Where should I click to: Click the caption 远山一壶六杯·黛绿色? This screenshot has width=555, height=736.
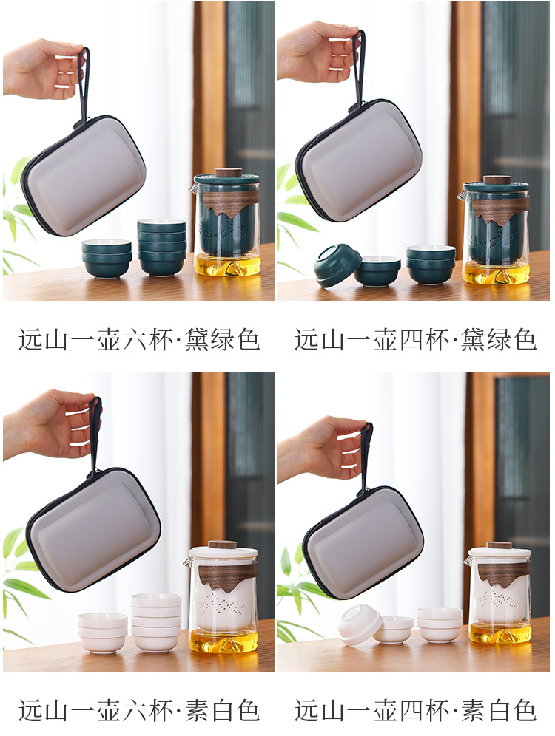point(139,340)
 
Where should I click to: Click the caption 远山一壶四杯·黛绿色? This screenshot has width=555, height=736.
point(415,340)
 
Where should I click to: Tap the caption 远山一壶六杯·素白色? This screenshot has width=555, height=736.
point(139,711)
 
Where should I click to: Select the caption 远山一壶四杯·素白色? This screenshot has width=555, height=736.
point(415,711)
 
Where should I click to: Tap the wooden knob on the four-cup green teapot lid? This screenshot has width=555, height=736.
point(497,180)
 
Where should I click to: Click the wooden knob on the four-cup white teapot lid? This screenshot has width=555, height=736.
point(499,545)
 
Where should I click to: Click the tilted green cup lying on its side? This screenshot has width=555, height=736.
point(337,265)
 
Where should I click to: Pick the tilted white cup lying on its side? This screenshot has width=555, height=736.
point(360,625)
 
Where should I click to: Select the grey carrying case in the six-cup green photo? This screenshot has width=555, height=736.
point(84,175)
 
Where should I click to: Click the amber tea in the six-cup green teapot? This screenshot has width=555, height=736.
point(227,265)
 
